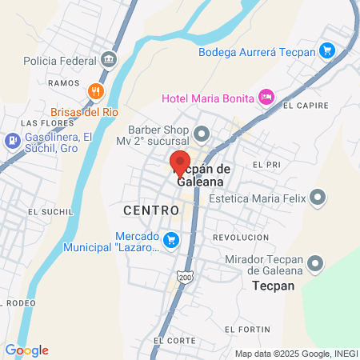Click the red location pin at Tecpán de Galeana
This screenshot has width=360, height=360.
tap(180, 160)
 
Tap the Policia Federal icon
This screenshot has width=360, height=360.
tap(109, 60)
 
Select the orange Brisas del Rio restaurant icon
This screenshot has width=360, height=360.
tap(95, 90)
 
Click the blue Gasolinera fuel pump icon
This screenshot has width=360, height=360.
tap(12, 142)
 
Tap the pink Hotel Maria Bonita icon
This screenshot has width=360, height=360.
tap(266, 98)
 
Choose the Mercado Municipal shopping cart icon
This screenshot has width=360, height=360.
tap(170, 240)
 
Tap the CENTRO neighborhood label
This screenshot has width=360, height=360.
tap(151, 210)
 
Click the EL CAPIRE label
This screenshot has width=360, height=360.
tap(306, 105)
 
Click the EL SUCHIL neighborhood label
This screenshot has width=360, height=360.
tap(44, 212)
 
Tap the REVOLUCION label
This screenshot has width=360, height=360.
tap(241, 238)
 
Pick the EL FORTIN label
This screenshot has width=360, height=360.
tap(242, 329)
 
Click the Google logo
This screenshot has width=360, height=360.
tap(27, 350)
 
